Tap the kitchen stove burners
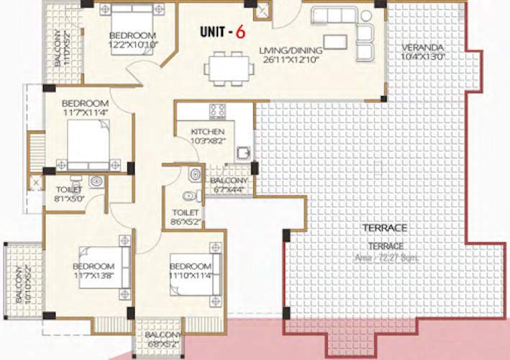point(217,110)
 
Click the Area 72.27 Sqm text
point(391,257)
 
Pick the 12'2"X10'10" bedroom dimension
point(132,45)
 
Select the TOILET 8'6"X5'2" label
point(186,217)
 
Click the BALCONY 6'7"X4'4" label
point(229,185)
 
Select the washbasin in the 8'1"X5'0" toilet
point(97,181)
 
